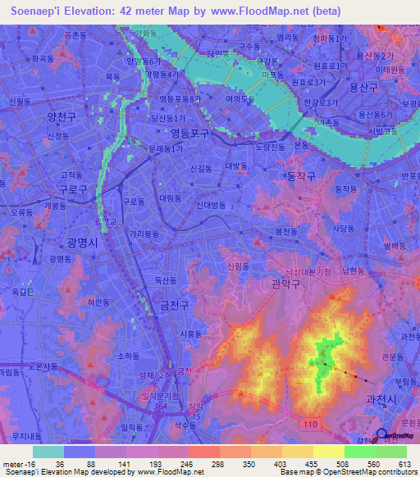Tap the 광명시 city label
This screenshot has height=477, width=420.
pos(82,243)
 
